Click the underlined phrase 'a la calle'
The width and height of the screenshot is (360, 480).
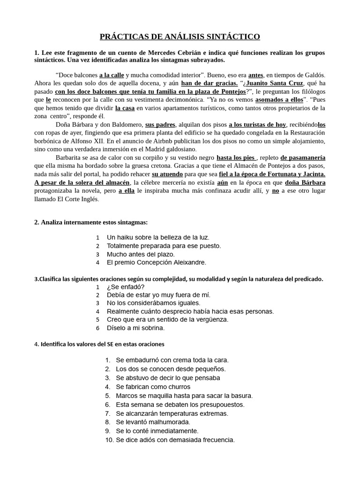[111, 75]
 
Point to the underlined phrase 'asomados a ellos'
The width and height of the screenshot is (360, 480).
[278, 100]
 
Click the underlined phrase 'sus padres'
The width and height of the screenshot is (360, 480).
[160, 124]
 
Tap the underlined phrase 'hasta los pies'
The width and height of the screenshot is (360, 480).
[236, 157]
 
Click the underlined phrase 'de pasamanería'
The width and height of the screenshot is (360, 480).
[303, 157]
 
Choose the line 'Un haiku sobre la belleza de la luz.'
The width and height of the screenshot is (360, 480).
[158, 237]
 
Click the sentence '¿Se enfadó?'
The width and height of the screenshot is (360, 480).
[126, 286]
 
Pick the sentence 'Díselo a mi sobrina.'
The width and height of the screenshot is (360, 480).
[135, 328]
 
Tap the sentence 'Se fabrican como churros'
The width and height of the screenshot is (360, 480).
[153, 387]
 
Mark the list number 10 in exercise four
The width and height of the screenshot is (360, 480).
[108, 440]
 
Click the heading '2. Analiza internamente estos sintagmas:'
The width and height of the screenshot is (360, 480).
[91, 222]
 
